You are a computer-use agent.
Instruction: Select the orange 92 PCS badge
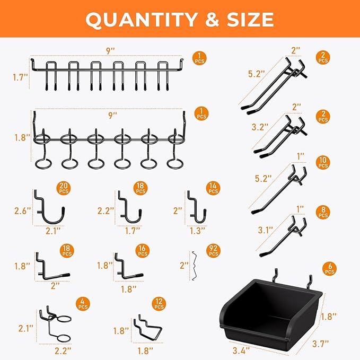click(214, 251)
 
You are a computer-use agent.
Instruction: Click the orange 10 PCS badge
click(323, 163)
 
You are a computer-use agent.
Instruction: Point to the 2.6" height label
click(23, 211)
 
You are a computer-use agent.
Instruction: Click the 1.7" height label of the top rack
click(21, 77)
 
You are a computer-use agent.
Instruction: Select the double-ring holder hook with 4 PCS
click(59, 326)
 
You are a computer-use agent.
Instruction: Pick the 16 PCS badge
click(143, 251)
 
